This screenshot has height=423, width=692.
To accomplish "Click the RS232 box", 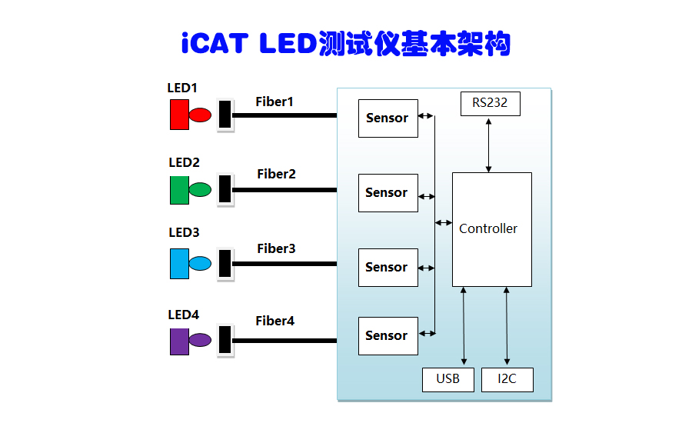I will [x=491, y=103].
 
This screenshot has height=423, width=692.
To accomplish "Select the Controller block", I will [x=491, y=229].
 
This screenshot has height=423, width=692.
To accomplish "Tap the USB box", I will [x=447, y=379].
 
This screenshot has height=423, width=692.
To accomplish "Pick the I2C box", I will [x=507, y=379].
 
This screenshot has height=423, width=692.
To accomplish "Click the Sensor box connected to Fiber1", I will [x=388, y=118].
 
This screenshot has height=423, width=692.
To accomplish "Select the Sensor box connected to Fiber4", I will [x=388, y=336].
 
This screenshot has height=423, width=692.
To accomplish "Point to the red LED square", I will [x=179, y=115].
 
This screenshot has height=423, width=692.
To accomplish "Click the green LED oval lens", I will [x=200, y=189].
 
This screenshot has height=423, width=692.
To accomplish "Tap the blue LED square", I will [x=179, y=264].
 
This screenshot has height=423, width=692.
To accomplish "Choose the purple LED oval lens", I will [x=200, y=339].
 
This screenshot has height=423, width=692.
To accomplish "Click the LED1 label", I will [x=183, y=88].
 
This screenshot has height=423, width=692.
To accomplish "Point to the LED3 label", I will [x=184, y=232].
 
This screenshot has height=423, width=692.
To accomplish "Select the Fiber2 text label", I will [x=276, y=174].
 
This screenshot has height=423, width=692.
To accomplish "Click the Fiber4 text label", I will [x=275, y=321].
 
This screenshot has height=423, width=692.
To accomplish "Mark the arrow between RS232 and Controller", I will [x=489, y=145].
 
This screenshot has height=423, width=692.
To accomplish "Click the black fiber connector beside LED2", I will [x=225, y=189].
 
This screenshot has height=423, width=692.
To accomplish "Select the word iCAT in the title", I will [x=215, y=43].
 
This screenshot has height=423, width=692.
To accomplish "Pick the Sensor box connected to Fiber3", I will [x=388, y=268].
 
